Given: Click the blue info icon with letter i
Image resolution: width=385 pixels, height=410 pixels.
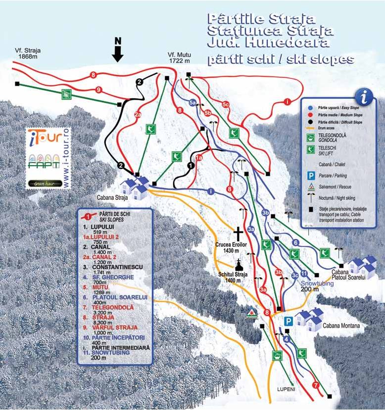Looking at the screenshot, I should click(365, 94).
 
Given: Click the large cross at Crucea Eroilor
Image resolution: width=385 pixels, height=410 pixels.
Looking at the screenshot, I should click(238, 234).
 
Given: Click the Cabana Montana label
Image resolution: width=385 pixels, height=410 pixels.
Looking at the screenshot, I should click(341, 326).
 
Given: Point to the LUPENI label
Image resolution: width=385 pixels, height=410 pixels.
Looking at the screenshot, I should click(287, 389).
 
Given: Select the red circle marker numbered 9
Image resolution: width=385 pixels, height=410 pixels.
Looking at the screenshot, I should click(99, 90).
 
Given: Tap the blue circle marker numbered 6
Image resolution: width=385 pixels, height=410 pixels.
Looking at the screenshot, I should click(295, 242).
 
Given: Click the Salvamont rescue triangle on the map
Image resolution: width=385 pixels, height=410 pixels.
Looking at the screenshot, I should click(252, 313).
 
